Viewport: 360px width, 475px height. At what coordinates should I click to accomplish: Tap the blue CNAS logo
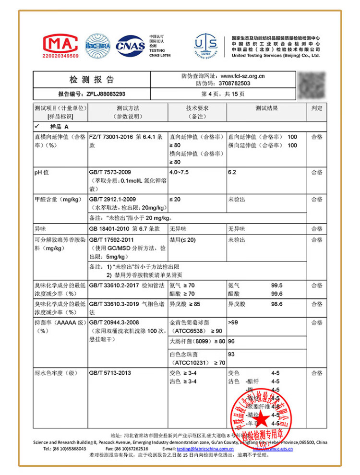130,46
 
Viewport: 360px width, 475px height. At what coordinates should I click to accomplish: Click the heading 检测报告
92,80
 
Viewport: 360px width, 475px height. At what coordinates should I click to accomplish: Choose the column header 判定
317,108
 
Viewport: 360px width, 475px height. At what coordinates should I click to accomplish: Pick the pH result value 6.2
232,172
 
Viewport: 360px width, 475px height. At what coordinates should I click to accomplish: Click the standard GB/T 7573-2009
110,172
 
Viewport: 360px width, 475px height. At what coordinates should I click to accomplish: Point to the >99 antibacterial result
233,322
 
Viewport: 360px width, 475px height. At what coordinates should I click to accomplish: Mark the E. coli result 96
231,342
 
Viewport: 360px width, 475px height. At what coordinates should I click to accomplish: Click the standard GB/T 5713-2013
110,373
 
